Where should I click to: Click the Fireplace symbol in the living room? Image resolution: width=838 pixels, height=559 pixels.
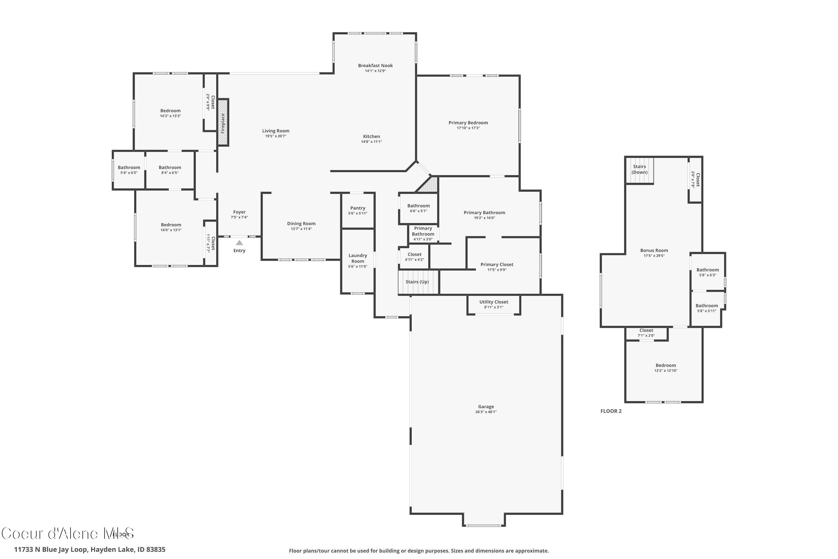pos(223,123)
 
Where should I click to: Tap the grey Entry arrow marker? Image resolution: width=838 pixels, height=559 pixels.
pos(239,243)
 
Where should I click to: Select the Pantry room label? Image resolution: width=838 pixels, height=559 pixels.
pos(358,208)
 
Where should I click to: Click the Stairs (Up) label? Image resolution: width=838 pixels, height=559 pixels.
pos(417,282)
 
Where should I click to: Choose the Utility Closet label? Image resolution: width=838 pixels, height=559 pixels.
pos(494,302)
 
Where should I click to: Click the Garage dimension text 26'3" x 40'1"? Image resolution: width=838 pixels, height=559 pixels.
pos(486,412)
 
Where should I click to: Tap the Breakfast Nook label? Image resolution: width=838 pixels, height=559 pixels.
pos(375,66)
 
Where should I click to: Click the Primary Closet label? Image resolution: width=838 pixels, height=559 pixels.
pos(497,264)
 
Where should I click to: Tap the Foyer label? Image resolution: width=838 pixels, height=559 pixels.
pos(239,212)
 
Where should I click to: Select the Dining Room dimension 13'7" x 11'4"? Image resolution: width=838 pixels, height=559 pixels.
pos(301,229)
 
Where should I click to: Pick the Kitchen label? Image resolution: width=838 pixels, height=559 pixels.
pos(371,137)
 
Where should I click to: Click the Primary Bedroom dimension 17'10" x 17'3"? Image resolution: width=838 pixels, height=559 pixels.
pos(468,128)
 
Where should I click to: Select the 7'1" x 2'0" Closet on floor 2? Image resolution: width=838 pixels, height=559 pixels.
pos(646,333)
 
